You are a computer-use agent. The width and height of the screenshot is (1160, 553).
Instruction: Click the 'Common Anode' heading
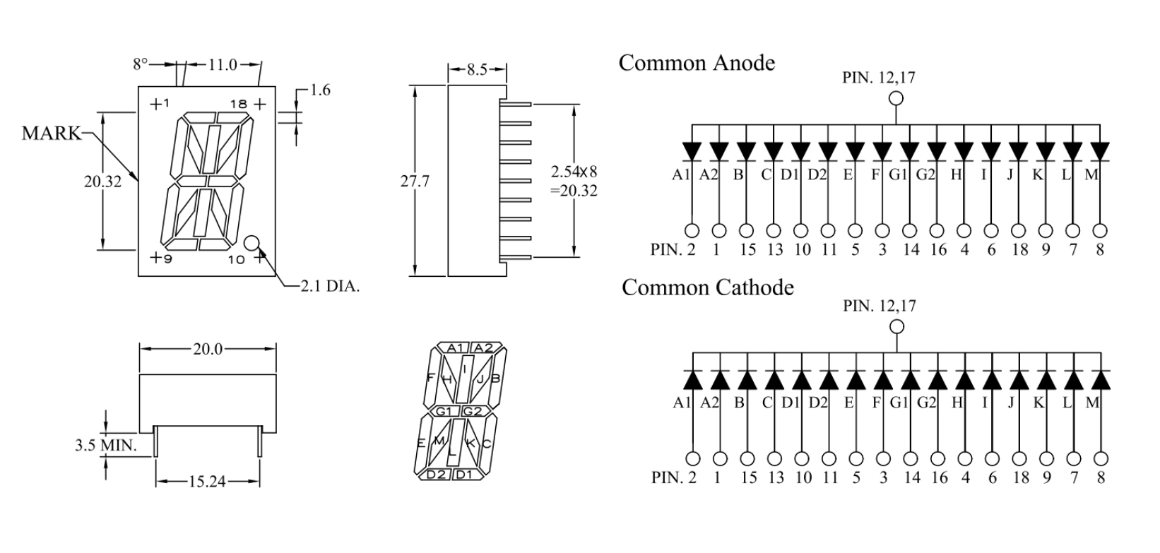point(697,63)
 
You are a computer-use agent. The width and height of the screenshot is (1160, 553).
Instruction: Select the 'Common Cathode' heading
point(707,287)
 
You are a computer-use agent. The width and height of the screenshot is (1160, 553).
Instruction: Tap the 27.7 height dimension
point(415,182)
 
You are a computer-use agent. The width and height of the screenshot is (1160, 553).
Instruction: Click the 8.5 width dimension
point(477,70)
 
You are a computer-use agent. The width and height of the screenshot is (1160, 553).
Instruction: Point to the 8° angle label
point(141,64)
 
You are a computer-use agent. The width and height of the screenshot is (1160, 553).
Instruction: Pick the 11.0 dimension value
point(223,65)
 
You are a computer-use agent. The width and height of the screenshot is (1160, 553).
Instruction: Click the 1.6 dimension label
point(320,90)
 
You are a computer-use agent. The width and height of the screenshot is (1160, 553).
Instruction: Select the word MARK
point(52,133)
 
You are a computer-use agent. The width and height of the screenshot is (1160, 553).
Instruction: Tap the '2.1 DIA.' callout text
point(330,286)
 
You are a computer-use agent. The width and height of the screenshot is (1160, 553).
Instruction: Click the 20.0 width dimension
point(208,349)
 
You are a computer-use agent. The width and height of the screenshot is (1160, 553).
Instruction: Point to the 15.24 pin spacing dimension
point(206,482)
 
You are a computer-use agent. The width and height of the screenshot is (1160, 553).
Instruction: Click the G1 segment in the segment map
point(444,411)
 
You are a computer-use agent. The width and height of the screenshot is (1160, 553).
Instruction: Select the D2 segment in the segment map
point(437,474)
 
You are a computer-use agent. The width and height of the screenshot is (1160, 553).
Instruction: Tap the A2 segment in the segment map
point(484,347)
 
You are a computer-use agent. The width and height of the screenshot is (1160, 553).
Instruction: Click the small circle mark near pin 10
point(251,243)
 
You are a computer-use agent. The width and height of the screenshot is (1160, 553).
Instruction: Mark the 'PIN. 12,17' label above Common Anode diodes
point(878,78)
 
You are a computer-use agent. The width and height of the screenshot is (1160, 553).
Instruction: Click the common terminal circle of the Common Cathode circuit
point(896,326)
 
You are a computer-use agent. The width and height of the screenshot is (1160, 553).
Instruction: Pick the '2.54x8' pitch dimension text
point(574,172)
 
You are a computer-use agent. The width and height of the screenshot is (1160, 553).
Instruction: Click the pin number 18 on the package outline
point(238,105)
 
